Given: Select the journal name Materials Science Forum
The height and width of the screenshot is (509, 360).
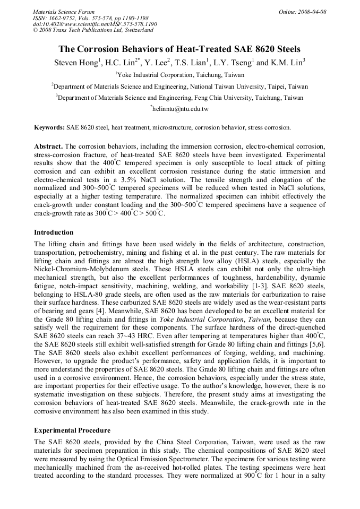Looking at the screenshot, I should (64, 12).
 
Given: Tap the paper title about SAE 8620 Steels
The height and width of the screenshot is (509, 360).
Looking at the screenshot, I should (179, 49).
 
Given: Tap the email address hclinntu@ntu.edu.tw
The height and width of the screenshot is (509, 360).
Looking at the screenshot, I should (181, 109).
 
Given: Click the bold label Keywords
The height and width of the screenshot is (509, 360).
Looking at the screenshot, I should (49, 128).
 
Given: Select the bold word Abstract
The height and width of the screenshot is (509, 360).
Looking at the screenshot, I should (48, 146).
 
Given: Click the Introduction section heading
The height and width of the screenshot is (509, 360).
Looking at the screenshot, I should (54, 232).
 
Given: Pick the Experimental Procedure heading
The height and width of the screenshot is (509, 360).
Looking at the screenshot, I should (72, 430).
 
